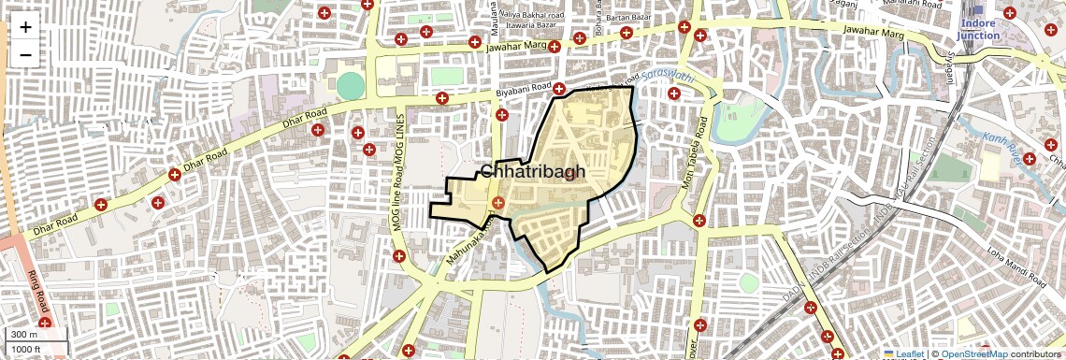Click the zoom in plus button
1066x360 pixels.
pyautogui.click(x=25, y=27)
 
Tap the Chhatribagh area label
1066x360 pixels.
pyautogui.click(x=533, y=171)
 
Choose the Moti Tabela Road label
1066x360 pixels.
pyautogui.click(x=703, y=150)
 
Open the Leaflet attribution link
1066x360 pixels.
pyautogui.click(x=904, y=353)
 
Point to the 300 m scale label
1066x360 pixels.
pyautogui.click(x=23, y=335)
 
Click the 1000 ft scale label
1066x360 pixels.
pyautogui.click(x=26, y=350)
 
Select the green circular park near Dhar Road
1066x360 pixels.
pyautogui.click(x=349, y=85)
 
